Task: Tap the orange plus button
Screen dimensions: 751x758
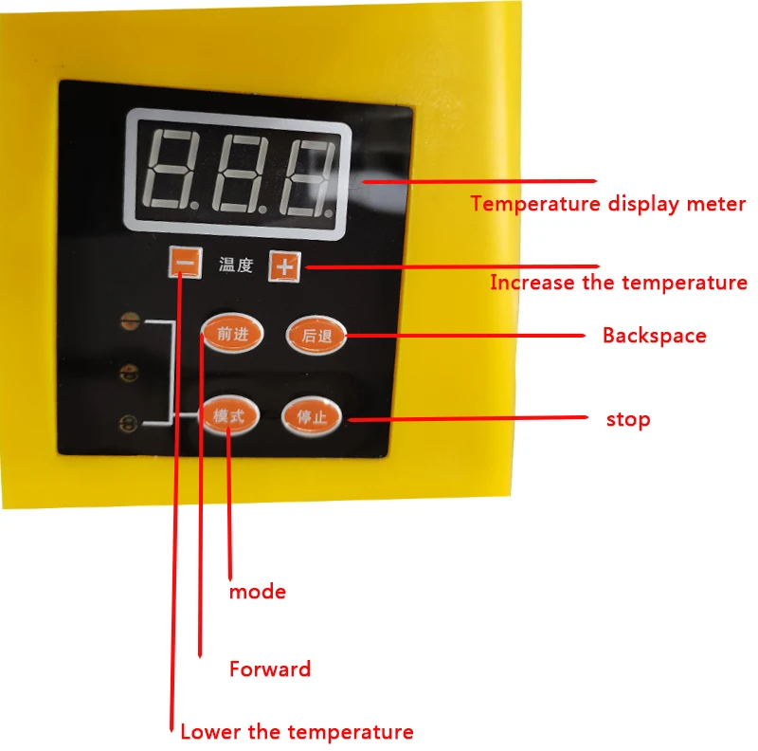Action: (x=284, y=266)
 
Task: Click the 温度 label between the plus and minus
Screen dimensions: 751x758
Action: (x=236, y=266)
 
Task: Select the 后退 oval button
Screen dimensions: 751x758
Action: (x=316, y=334)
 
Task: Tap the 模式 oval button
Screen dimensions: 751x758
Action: (x=229, y=416)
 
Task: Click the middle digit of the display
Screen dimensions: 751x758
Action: (x=241, y=171)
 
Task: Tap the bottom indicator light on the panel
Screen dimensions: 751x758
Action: (x=129, y=424)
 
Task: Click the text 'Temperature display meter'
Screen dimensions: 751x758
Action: (x=608, y=204)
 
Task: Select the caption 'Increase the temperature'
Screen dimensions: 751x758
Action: (x=618, y=283)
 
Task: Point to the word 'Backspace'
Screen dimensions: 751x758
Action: (x=654, y=336)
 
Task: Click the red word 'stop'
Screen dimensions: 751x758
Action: (x=628, y=419)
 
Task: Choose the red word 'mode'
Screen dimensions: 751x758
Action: (x=257, y=592)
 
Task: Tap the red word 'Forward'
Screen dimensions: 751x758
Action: (x=269, y=669)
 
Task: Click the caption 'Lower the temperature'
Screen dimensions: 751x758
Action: (x=297, y=732)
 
